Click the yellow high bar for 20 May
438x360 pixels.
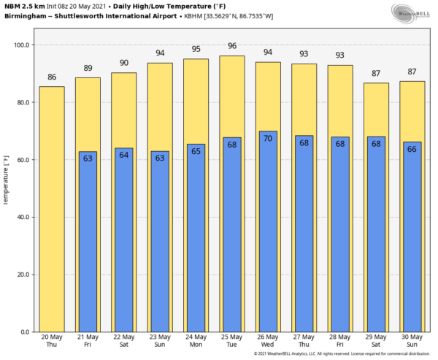(x=51, y=209)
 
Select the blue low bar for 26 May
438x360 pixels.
(x=268, y=234)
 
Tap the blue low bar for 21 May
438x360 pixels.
(x=88, y=245)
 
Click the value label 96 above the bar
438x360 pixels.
(x=231, y=45)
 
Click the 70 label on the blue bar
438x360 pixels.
(x=268, y=138)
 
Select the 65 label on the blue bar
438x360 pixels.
(x=196, y=151)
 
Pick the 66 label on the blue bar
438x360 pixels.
(x=412, y=148)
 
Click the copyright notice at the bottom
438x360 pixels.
(x=343, y=354)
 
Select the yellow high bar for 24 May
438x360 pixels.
(x=196, y=102)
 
